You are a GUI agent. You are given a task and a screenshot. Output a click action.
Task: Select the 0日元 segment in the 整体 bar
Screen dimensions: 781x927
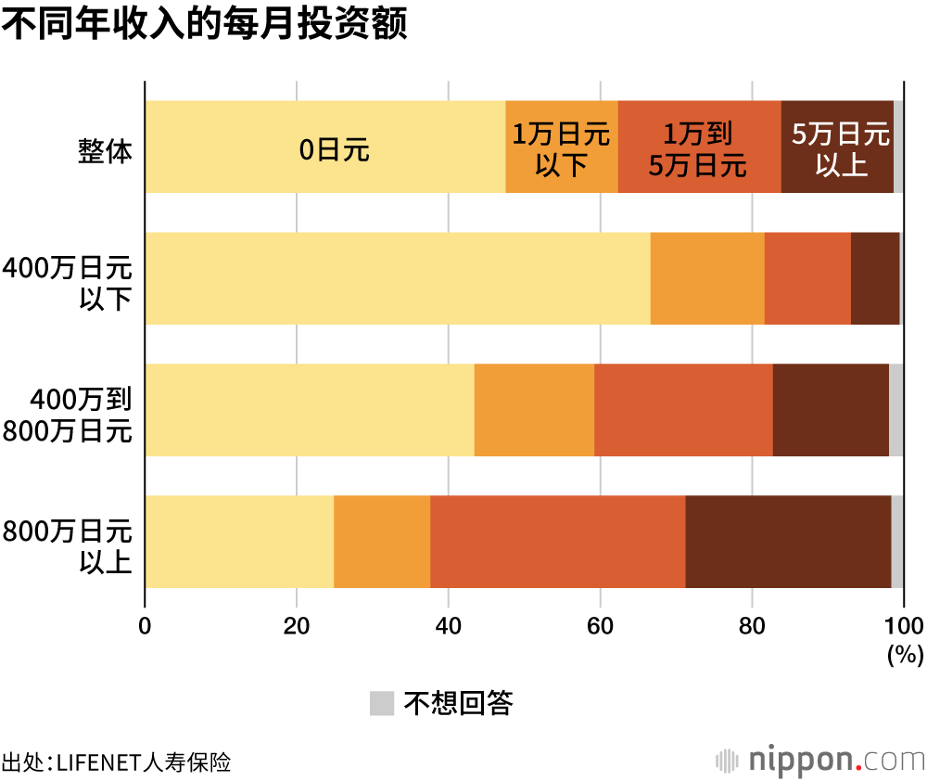325,147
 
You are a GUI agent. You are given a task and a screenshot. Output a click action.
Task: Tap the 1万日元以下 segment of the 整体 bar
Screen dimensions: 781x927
562,147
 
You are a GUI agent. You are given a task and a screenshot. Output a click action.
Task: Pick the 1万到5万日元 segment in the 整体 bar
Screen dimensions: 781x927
699,147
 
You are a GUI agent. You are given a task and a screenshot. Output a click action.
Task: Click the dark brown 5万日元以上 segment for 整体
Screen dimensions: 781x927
837,147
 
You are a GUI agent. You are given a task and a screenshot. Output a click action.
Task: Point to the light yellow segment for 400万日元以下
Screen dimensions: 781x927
398,278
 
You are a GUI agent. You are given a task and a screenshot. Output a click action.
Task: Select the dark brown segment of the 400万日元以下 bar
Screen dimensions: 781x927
875,278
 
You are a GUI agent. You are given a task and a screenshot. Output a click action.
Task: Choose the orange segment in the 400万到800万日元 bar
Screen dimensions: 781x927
534,410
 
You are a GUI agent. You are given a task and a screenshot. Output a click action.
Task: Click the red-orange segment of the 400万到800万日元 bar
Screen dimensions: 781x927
683,410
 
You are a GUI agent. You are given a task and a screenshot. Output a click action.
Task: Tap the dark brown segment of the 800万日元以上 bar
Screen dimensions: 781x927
788,542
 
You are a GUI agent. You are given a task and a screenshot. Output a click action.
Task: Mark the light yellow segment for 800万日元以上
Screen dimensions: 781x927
239,542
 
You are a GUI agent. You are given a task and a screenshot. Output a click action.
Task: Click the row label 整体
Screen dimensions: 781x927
105,151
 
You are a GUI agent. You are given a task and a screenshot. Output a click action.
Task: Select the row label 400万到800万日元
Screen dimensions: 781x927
81,415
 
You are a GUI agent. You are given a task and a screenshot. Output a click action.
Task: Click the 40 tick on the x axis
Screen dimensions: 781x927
448,625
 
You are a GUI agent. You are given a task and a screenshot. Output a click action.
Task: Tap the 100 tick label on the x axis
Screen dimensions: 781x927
904,625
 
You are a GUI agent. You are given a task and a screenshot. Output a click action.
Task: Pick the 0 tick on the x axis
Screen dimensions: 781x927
145,625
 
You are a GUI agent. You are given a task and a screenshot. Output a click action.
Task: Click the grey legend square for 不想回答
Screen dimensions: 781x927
382,703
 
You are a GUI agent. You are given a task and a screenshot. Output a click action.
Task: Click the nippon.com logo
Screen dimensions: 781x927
819,761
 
